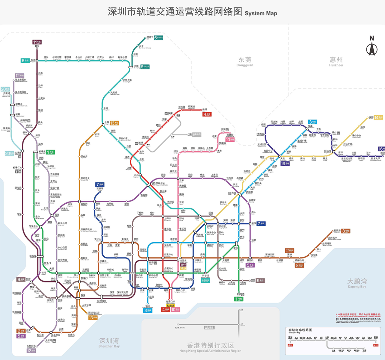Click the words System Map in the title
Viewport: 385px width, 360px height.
click(261, 14)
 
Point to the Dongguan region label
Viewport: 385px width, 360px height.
click(245, 61)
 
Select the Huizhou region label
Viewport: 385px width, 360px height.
click(336, 61)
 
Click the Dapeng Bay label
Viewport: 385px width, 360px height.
click(356, 283)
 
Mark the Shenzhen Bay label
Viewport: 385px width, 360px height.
click(109, 342)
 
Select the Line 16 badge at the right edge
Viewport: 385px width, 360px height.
click(382, 148)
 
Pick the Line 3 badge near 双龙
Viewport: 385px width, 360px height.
click(313, 121)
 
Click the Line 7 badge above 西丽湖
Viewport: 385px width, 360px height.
click(99, 185)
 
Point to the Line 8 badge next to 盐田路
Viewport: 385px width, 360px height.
click(345, 231)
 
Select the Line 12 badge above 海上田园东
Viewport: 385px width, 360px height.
click(20, 75)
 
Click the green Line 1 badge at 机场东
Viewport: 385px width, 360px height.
click(50, 152)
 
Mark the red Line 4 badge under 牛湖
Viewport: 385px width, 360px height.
click(207, 114)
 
